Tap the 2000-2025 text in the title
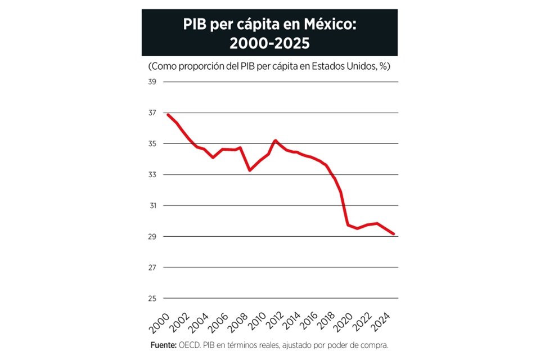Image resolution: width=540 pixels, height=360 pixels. pos(269,43)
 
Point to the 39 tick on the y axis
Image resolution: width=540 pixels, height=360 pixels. pos(152,82)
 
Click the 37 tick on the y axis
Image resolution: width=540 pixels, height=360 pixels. pos(152,113)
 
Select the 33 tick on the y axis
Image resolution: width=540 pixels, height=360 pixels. pos(152,175)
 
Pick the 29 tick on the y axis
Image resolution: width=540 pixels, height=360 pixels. pos(152,237)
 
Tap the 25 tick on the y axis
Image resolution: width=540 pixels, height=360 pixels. pos(152,298)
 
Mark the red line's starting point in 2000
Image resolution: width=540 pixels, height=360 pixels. pos(168,115)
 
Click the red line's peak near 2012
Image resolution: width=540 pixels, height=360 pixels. pos(275,140)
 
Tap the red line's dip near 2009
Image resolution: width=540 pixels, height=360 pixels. pos(250,170)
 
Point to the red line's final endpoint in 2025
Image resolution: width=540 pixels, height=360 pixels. pos(394,234)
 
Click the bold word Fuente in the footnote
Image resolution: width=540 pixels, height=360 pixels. pos(164,345)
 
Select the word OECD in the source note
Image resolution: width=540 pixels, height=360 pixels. pos(191,345)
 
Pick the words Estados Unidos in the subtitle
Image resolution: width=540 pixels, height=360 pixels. pos(350,66)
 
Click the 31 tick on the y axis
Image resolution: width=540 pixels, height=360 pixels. pos(152,206)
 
